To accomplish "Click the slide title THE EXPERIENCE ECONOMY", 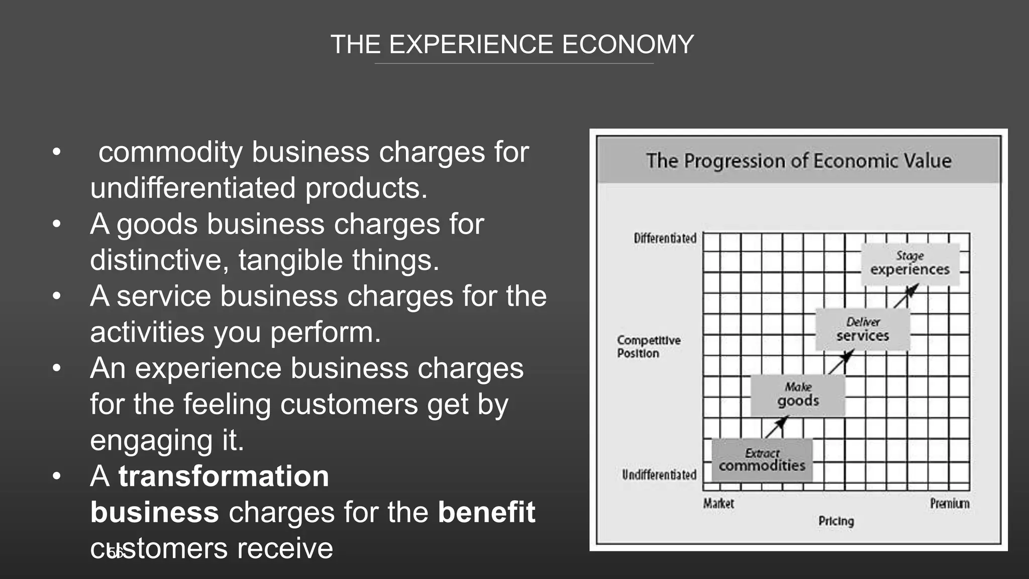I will click(x=512, y=45).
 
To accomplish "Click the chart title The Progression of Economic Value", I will click(x=798, y=161).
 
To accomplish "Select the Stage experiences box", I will click(x=910, y=264).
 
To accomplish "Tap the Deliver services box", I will click(x=862, y=329).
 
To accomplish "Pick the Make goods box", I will click(x=798, y=395).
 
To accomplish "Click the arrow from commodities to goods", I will click(x=776, y=427).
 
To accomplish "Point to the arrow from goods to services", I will click(x=841, y=362).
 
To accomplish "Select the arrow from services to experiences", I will click(x=906, y=296).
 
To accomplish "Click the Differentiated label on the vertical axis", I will click(x=665, y=238).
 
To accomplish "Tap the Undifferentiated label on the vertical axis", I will click(x=659, y=475).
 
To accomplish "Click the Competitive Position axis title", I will click(x=648, y=347).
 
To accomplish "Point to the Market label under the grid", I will click(x=718, y=504).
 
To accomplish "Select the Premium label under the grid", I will click(x=949, y=504).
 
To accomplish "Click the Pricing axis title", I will click(x=836, y=521).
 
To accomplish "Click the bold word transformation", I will click(x=224, y=476).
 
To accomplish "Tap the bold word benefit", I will click(x=486, y=512).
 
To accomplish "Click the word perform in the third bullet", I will click(x=326, y=332).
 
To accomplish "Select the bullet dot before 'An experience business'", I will click(x=57, y=368).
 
